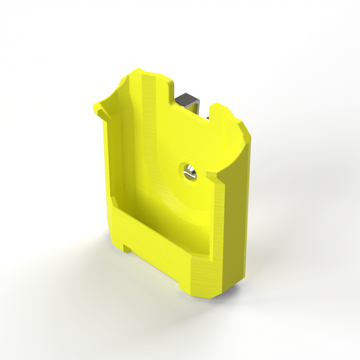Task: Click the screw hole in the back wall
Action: pos(188,171)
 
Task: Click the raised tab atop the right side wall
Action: pos(223,109)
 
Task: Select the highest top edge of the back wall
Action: pos(139,70)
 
